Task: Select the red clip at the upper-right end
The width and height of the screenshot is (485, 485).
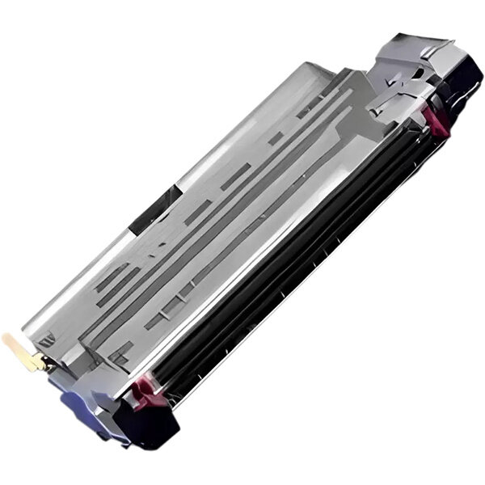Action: [x=437, y=120]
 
